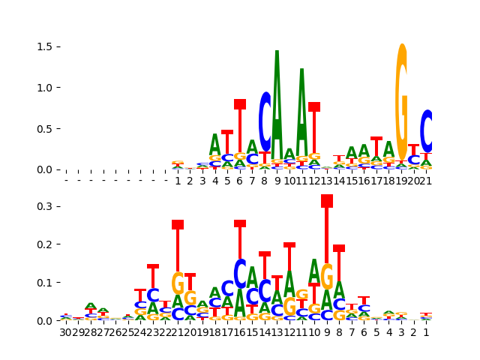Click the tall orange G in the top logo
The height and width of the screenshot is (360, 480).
[x=402, y=101]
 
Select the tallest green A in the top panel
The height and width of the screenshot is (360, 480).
[x=277, y=105]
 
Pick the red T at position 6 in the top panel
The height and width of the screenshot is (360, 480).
[x=240, y=127]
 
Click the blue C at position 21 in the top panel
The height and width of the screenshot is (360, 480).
[x=427, y=131]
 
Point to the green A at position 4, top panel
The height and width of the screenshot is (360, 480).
[x=215, y=144]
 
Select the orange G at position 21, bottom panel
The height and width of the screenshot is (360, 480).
[x=178, y=283]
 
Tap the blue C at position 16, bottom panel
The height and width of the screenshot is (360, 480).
[x=240, y=274]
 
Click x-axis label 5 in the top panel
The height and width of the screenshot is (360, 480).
[x=227, y=181]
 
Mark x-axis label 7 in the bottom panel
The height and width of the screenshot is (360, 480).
[x=352, y=332]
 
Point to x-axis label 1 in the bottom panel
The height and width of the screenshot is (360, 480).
[x=427, y=332]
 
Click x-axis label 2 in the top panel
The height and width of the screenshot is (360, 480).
[x=190, y=181]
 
